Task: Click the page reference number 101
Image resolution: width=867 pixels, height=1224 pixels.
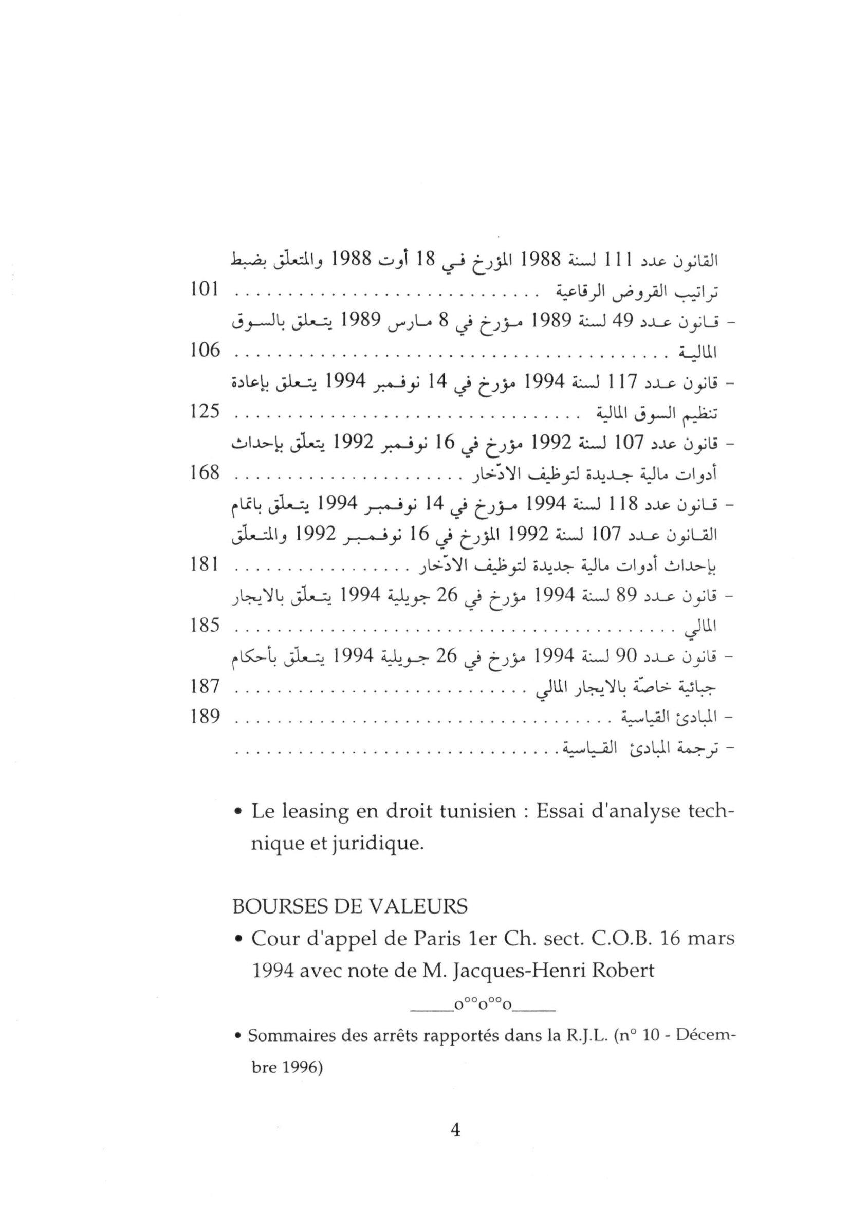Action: coord(205,290)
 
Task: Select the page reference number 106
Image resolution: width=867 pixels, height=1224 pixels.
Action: coord(205,350)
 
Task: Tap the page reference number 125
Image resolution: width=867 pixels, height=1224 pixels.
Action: coord(205,412)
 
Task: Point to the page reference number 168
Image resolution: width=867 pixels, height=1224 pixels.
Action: coord(205,472)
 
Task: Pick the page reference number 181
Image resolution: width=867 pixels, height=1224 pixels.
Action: coord(205,565)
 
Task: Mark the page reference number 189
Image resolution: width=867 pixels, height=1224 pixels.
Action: coord(205,717)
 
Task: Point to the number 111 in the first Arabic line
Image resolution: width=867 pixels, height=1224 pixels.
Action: coord(618,261)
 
